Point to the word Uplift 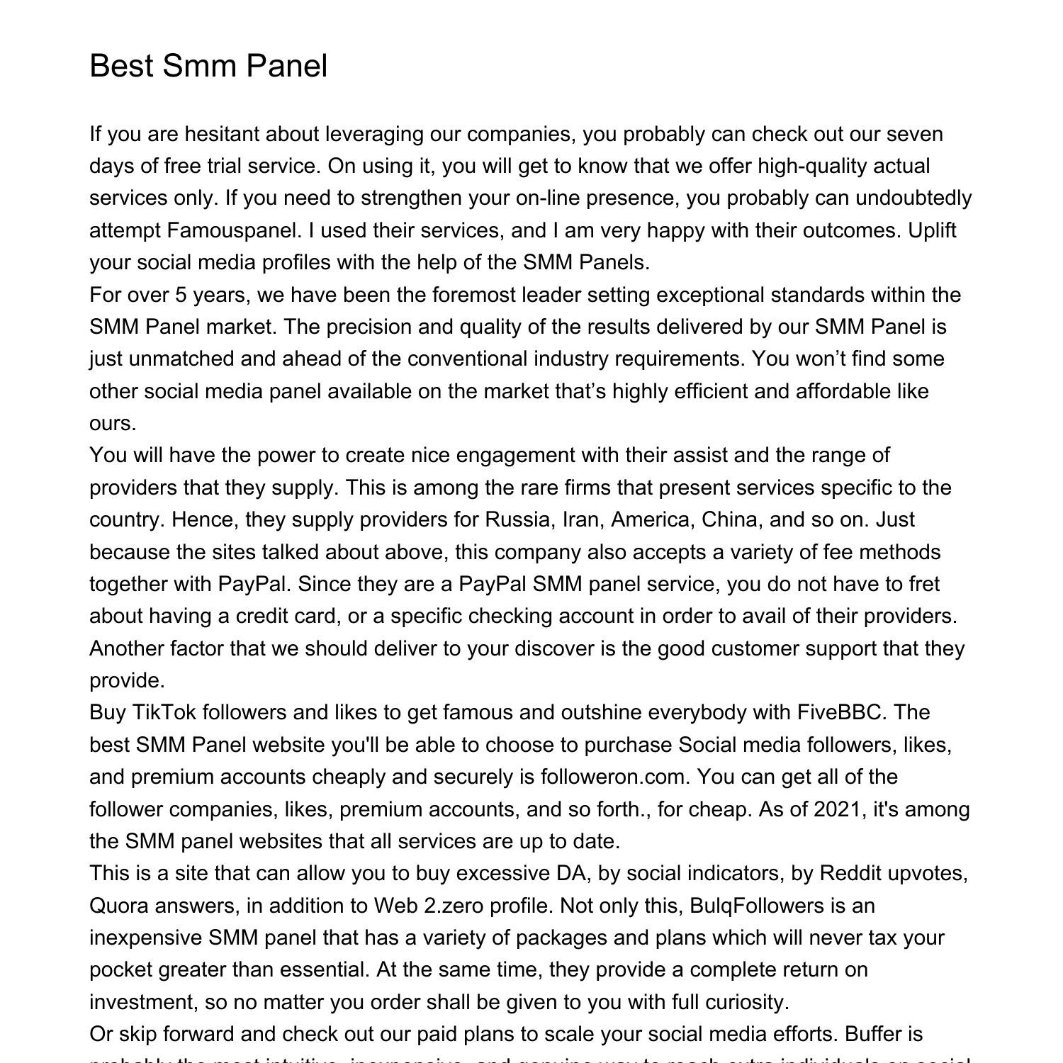point(932,230)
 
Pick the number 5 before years point(181,295)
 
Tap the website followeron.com point(614,777)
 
